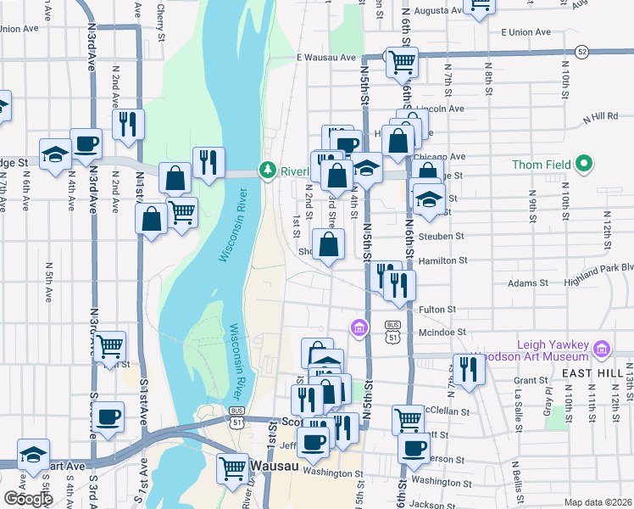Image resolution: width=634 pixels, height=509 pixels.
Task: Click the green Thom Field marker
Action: point(584,164)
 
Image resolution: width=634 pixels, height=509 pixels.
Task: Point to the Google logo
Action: point(28,499)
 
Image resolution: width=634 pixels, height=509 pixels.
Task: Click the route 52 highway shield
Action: point(581,52)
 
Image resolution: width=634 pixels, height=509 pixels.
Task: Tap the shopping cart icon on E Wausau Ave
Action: point(401,64)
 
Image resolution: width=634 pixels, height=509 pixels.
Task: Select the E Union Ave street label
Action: point(526,32)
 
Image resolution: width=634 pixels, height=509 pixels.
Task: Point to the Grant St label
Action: point(531,380)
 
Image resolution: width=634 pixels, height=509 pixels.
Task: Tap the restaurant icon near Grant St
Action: point(468,370)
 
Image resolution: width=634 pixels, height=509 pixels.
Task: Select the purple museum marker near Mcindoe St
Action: point(359,327)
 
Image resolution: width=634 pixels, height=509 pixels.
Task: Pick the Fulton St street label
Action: point(439,310)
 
